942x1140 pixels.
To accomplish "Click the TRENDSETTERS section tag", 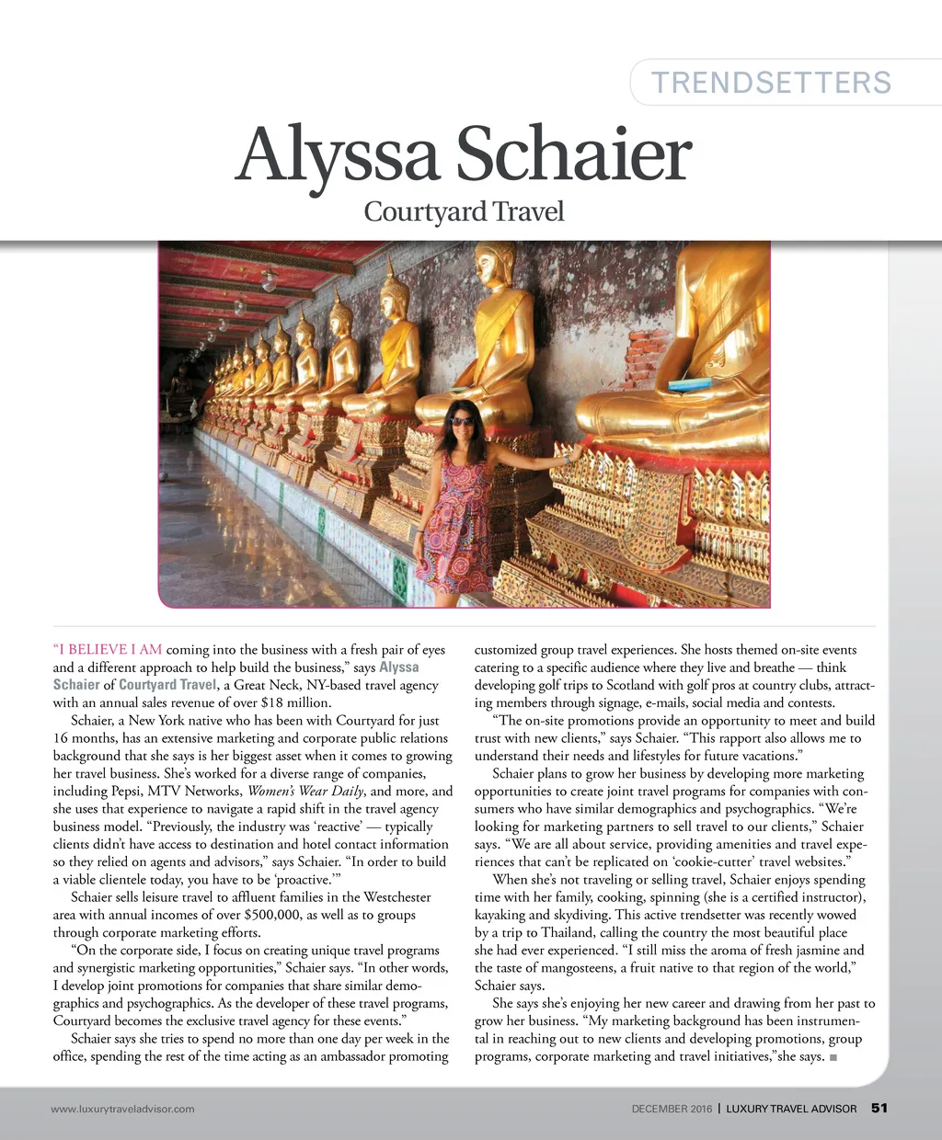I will (x=771, y=83).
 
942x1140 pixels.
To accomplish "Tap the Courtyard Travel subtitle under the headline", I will (x=464, y=211).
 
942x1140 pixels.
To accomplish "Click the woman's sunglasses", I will (x=462, y=422).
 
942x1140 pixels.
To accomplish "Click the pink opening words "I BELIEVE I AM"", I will (x=107, y=650).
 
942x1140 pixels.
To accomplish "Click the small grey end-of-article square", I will (x=833, y=1057).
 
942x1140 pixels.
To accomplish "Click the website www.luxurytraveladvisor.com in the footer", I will (x=123, y=1109).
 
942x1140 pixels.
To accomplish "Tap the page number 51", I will (x=879, y=1108).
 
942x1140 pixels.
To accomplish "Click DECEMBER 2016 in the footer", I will (x=671, y=1109).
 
